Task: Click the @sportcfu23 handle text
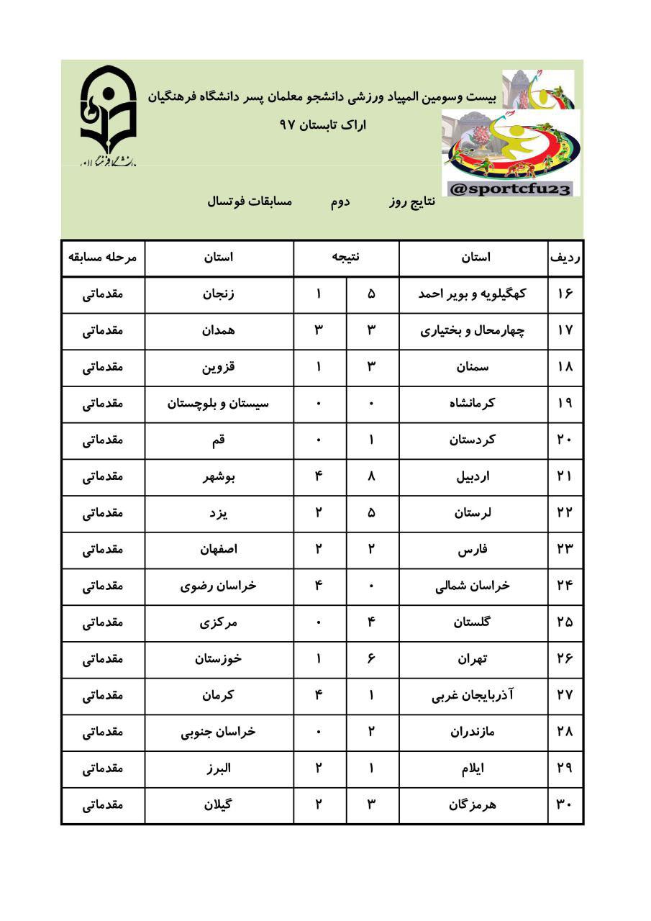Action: (510, 189)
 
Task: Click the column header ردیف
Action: (565, 258)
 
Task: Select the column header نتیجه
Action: (346, 258)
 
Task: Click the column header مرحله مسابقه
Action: (103, 258)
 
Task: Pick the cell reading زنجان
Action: (219, 294)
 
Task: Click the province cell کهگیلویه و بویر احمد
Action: (473, 294)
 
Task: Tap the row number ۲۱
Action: (565, 476)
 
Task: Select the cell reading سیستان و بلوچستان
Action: (219, 404)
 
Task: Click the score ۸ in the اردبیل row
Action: (372, 476)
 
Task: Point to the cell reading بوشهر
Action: (219, 476)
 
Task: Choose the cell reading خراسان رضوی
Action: (219, 586)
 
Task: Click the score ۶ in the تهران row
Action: (372, 658)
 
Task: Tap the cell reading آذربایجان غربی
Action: (473, 695)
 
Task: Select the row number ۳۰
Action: (565, 804)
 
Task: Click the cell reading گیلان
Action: (219, 804)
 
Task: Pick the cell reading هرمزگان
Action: (473, 804)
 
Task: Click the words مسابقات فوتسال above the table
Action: (250, 201)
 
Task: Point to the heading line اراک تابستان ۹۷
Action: (323, 124)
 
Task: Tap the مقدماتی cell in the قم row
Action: (103, 440)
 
